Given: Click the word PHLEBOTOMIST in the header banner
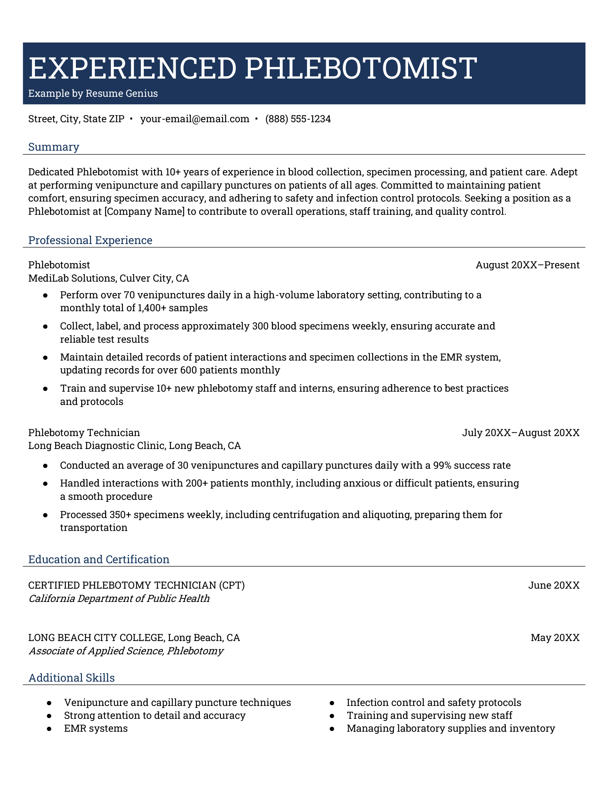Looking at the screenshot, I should (360, 68).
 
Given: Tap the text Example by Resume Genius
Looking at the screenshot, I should (93, 93).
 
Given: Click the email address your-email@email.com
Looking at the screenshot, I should (195, 119).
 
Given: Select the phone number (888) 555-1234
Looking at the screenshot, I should (298, 119).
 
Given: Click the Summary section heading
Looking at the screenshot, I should (53, 147).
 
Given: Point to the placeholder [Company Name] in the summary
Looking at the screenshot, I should (144, 211).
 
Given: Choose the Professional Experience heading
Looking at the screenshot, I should (90, 240).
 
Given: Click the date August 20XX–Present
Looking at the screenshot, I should (527, 265).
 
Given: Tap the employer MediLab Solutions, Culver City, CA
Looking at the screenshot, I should (109, 278).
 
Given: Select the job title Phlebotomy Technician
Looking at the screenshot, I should (84, 433).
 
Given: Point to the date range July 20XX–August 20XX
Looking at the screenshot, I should (521, 433).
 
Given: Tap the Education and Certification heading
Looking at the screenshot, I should (99, 559).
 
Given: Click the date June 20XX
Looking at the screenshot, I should (554, 585).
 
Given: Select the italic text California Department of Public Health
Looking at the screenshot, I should (119, 599).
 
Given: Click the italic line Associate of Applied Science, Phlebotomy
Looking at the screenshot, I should (126, 651).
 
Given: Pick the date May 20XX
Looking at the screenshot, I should (555, 638).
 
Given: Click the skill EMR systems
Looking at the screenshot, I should (96, 728).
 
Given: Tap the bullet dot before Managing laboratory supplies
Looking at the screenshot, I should (332, 729).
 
